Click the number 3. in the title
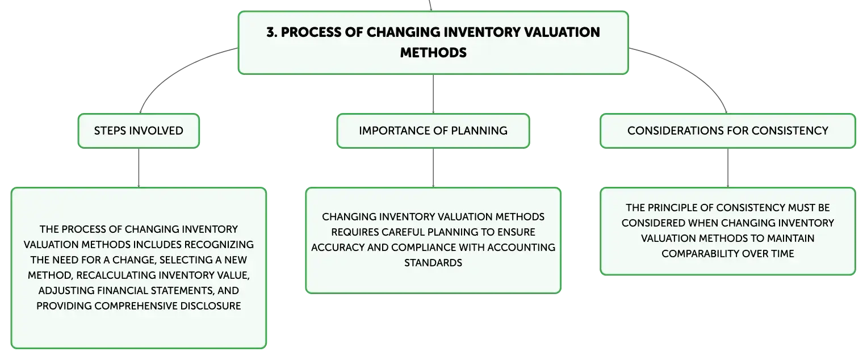(272, 32)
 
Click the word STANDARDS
(433, 263)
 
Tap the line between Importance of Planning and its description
(433, 168)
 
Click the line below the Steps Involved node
(139, 168)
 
